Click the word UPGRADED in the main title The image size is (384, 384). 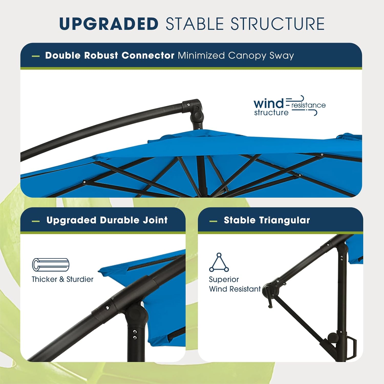(x=109, y=24)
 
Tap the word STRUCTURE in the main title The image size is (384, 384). (x=278, y=24)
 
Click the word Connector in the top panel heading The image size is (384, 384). (x=148, y=55)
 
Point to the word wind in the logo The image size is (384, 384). (x=269, y=103)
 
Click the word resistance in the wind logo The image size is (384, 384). (x=308, y=105)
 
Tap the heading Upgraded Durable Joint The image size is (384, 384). (x=107, y=220)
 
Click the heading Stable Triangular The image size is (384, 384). (x=267, y=220)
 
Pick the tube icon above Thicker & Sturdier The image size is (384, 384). (x=51, y=264)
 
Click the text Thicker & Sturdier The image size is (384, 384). (x=62, y=279)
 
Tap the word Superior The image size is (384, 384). (x=224, y=279)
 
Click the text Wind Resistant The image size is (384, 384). (x=235, y=289)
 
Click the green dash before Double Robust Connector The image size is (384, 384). (x=36, y=56)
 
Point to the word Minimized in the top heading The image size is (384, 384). (x=201, y=56)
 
